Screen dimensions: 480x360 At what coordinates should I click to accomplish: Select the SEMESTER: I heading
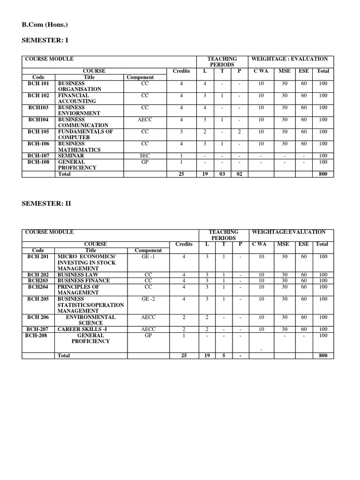click(x=45, y=40)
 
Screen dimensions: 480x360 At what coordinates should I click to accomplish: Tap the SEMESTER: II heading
click(x=46, y=204)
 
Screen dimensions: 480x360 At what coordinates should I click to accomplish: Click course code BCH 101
click(x=38, y=83)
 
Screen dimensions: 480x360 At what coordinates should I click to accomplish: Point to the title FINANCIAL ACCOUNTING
click(x=77, y=98)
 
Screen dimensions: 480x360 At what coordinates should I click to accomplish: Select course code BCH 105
click(x=38, y=132)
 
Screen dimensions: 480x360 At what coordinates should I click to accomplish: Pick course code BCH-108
click(x=38, y=162)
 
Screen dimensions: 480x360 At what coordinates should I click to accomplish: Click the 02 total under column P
click(x=239, y=174)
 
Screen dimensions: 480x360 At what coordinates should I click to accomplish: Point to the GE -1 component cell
click(x=148, y=257)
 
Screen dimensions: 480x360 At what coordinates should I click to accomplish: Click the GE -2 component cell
click(x=148, y=299)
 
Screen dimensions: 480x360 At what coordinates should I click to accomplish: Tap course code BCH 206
click(x=38, y=317)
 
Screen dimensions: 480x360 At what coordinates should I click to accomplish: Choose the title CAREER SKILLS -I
click(x=82, y=330)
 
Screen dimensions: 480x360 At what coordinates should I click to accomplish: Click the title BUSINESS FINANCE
click(x=83, y=281)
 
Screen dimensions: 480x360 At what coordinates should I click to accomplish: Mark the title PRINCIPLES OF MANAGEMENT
click(x=78, y=290)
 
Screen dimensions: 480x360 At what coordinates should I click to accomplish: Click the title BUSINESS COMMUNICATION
click(x=83, y=122)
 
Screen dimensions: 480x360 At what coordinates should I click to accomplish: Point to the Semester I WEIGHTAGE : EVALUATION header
click(x=290, y=59)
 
